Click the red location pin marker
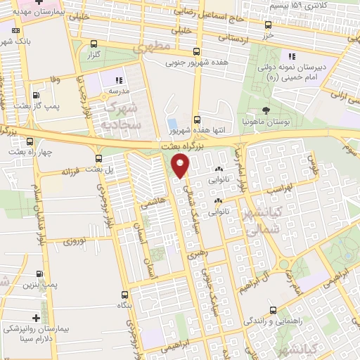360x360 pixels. (x=181, y=165)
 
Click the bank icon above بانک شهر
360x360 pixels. (x=15, y=31)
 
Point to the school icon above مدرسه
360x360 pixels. (x=119, y=81)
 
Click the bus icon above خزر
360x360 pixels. (x=267, y=22)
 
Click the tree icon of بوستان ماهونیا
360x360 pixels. (x=266, y=111)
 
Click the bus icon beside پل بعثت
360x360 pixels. (x=99, y=159)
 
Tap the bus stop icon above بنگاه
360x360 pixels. (x=124, y=295)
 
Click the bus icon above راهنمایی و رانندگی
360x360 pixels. (x=273, y=309)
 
